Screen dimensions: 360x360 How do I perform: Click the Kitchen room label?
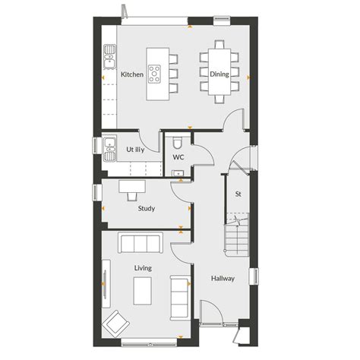132,74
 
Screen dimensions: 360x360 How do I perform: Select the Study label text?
147,207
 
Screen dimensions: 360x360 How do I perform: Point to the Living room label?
143,268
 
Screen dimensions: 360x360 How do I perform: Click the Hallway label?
223,279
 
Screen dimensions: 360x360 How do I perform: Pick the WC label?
178,157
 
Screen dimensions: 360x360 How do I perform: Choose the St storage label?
238,194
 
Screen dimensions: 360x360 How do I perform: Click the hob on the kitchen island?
154,74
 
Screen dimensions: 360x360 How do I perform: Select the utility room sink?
109,145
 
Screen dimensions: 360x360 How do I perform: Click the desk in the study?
131,186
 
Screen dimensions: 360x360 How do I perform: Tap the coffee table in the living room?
143,289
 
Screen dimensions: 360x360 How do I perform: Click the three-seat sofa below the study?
140,243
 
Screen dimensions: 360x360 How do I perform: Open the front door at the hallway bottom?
212,312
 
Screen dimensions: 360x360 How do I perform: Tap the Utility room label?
136,150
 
